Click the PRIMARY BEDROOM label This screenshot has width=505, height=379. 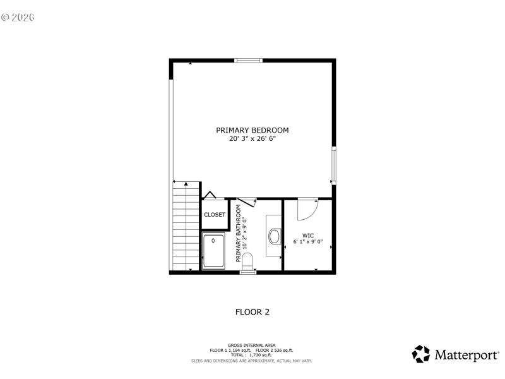tap(252, 130)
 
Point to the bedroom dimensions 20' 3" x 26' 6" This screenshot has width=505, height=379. tap(252, 139)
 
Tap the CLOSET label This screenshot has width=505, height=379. tap(215, 215)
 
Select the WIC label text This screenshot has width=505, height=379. tap(308, 234)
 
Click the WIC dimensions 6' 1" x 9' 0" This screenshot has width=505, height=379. tap(308, 242)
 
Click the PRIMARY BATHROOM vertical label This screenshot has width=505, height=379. tap(239, 234)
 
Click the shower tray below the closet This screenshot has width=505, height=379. tap(213, 251)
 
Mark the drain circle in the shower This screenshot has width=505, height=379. tap(213, 241)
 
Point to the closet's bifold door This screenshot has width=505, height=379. tap(209, 196)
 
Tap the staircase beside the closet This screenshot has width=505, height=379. tap(186, 224)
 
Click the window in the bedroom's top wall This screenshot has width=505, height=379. tap(249, 61)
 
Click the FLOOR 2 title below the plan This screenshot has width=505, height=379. tap(252, 311)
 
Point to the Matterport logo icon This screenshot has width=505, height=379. tap(421, 354)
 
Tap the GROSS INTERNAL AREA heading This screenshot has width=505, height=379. tap(252, 345)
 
